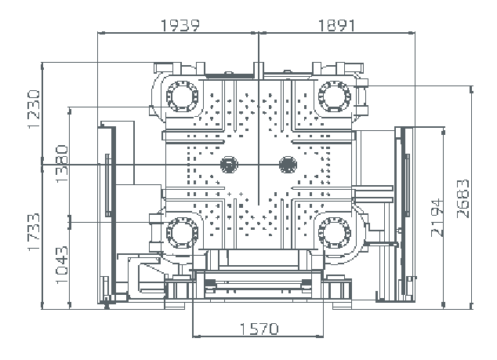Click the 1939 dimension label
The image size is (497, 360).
(180, 24)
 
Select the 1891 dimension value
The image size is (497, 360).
(336, 24)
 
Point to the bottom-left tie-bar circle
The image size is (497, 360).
(183, 232)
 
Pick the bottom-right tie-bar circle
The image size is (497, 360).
(335, 232)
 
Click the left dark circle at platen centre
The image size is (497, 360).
(230, 164)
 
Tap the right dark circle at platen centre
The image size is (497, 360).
(288, 164)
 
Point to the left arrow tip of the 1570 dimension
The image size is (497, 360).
(193, 318)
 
